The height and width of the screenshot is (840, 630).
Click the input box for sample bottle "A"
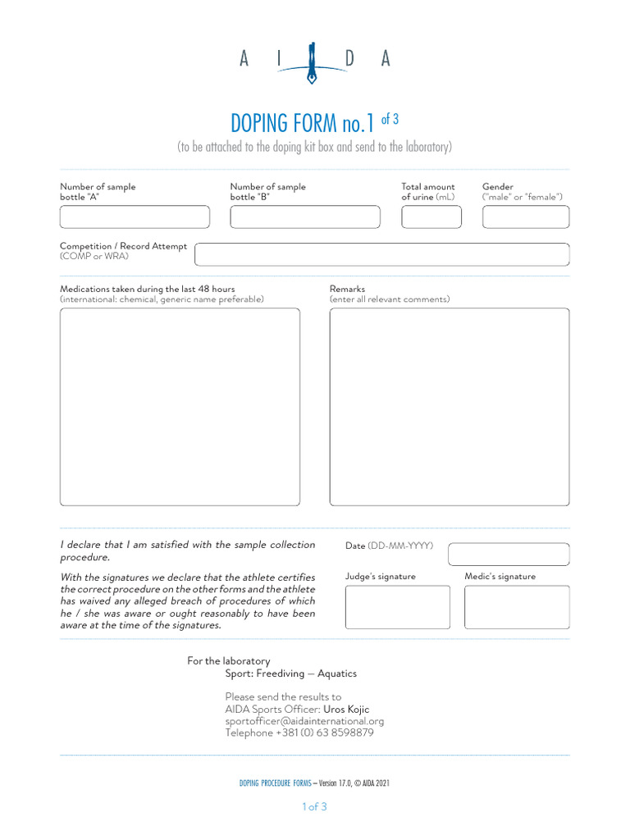(x=135, y=217)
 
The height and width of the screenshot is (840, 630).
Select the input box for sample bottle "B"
(x=305, y=217)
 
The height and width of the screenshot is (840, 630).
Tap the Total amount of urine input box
(x=431, y=217)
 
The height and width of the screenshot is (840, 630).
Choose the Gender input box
(x=525, y=217)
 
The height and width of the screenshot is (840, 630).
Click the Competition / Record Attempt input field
(x=381, y=254)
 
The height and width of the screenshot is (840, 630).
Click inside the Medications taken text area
(x=180, y=406)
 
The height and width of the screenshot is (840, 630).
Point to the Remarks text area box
(x=450, y=406)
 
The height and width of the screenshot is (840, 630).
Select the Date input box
(x=508, y=555)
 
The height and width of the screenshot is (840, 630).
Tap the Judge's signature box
(x=397, y=607)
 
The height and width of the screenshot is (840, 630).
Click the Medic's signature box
(x=517, y=607)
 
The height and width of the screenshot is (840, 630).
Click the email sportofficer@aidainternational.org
(x=304, y=721)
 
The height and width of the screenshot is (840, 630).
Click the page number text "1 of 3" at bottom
(x=314, y=806)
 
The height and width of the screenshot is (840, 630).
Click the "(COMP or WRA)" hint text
(x=94, y=257)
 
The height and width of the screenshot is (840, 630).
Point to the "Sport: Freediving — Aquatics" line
(x=291, y=673)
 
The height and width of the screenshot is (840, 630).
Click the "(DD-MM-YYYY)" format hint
(x=400, y=546)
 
